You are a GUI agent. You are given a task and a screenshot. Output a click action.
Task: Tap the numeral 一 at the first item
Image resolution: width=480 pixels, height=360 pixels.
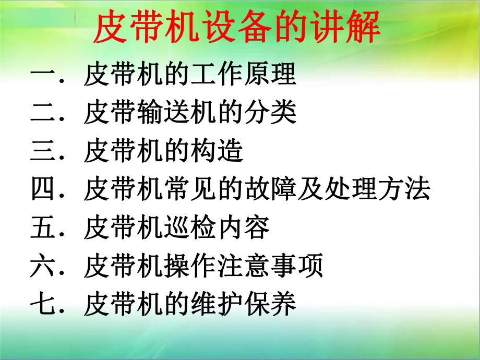click(x=44, y=75)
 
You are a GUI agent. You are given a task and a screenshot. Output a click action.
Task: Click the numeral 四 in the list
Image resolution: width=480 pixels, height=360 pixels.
click(x=44, y=189)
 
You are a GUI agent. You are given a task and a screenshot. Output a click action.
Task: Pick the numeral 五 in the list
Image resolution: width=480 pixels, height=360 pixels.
click(x=44, y=228)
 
